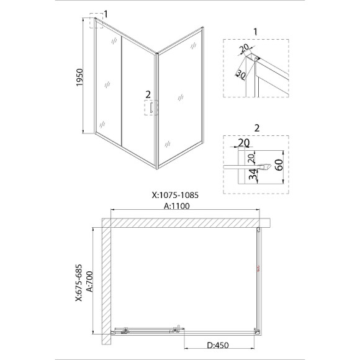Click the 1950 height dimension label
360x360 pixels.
79,78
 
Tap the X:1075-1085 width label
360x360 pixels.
175,195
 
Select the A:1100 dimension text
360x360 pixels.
177,206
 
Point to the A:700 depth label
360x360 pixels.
90,281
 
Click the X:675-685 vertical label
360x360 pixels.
79,283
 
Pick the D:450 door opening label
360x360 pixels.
218,345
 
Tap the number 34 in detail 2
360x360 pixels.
253,174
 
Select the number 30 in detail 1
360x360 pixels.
241,74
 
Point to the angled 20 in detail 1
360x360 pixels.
244,48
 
